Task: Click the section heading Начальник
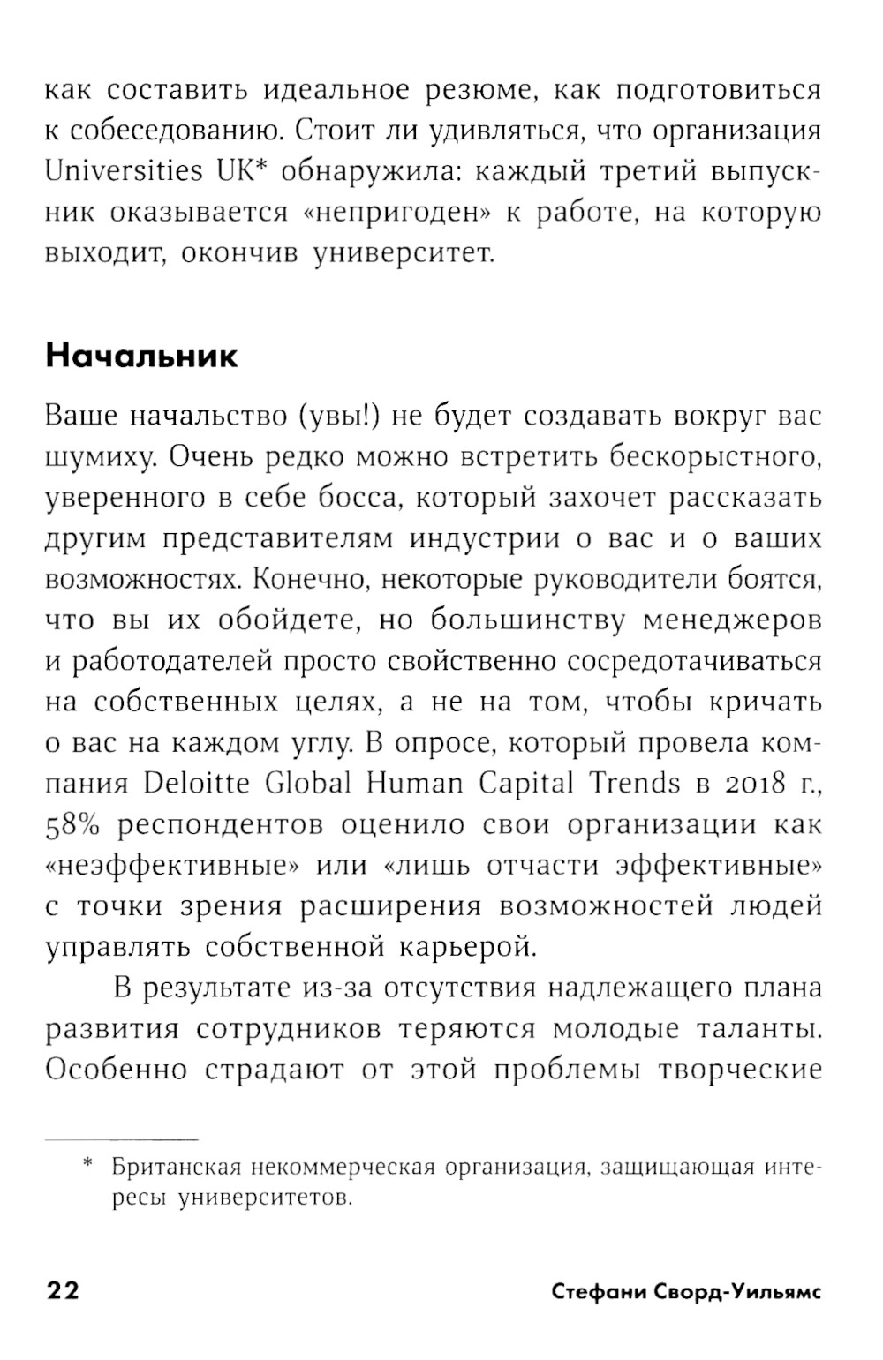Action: coord(141,356)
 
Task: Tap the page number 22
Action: coord(63,1291)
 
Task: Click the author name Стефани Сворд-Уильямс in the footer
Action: coord(686,1292)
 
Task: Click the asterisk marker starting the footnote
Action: coord(87,1166)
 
